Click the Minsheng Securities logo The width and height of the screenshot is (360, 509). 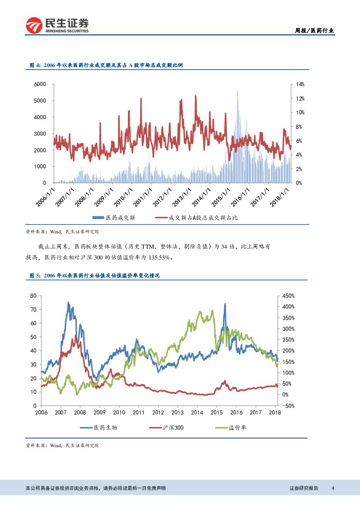click(57, 25)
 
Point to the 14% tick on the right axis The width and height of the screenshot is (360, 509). click(300, 84)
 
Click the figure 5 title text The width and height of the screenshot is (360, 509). click(94, 276)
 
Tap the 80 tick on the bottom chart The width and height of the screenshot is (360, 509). click(34, 296)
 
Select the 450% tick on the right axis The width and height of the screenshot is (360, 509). click(288, 296)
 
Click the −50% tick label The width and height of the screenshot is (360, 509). click(288, 406)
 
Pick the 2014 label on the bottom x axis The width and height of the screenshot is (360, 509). click(197, 412)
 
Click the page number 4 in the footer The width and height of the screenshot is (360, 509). click(333, 488)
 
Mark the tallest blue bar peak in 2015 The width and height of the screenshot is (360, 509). click(237, 91)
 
